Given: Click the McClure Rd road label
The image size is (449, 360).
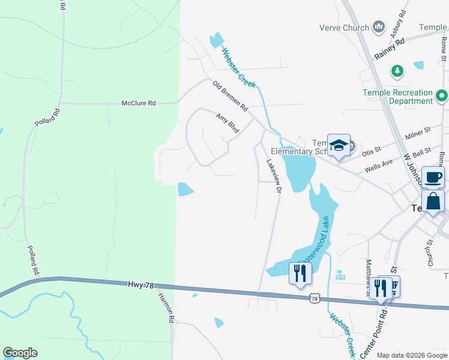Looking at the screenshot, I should click(139, 103).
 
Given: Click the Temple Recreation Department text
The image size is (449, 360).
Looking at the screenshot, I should click(398, 97).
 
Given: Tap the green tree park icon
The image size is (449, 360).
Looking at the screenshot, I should click(397, 71).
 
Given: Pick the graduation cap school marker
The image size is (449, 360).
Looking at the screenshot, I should click(339, 146).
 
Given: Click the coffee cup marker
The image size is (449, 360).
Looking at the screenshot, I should click(433, 177).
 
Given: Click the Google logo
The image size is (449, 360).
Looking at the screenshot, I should click(20, 353).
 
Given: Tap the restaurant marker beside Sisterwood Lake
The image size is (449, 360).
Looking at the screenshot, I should click(300, 274).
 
